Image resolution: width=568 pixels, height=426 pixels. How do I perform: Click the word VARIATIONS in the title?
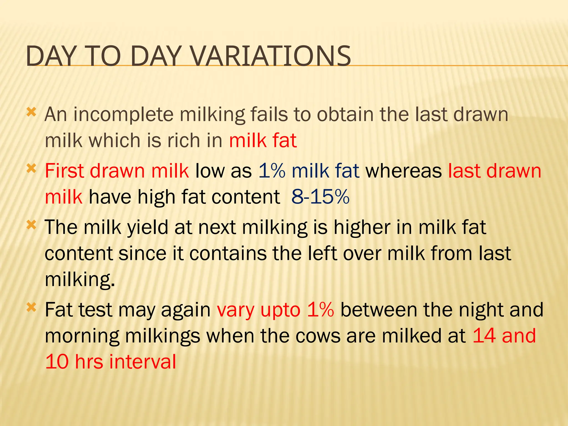pyautogui.click(x=271, y=56)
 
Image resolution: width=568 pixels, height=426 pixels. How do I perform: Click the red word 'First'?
pyautogui.click(x=64, y=171)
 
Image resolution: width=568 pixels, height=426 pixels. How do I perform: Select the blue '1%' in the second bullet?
pyautogui.click(x=272, y=171)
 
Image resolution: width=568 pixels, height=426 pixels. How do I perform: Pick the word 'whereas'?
pyautogui.click(x=404, y=171)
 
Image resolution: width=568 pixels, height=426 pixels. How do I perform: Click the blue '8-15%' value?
pyautogui.click(x=320, y=197)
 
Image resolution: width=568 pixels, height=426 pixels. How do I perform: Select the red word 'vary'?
pyautogui.click(x=235, y=310)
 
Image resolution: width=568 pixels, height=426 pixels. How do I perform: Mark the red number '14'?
pyautogui.click(x=484, y=336)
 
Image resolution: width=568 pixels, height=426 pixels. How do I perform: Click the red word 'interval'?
pyautogui.click(x=143, y=362)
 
